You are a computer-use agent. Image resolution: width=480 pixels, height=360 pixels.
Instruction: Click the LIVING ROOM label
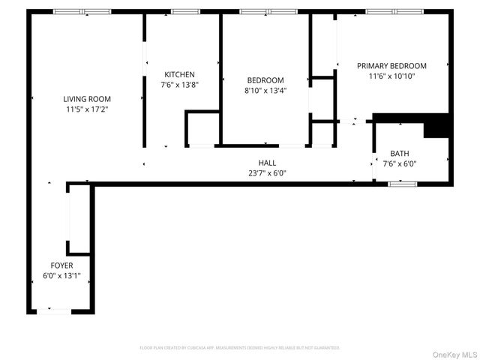[87, 98]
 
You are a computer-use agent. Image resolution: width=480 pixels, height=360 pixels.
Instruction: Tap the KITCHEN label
[180, 74]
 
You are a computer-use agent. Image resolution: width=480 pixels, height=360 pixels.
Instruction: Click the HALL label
[267, 163]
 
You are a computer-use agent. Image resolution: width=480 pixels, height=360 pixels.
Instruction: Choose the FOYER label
[61, 266]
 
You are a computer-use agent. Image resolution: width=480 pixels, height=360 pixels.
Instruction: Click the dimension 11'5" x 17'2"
[87, 109]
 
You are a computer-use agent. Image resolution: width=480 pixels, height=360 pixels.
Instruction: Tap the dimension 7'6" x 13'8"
[180, 85]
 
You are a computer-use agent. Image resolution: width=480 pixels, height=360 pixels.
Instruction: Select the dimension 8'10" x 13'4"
[265, 91]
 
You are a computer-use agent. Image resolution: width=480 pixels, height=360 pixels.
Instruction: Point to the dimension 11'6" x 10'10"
[391, 76]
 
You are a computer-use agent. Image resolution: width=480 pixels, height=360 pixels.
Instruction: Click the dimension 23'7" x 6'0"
[267, 173]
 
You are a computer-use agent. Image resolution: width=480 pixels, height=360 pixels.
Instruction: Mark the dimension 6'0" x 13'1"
[61, 277]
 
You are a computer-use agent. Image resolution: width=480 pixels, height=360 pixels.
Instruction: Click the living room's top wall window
[82, 11]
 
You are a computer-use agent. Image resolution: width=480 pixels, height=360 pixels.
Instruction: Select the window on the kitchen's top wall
[182, 11]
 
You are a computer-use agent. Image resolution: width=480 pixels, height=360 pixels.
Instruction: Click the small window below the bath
[403, 183]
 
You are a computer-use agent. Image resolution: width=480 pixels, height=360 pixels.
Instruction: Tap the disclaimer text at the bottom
[240, 348]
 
